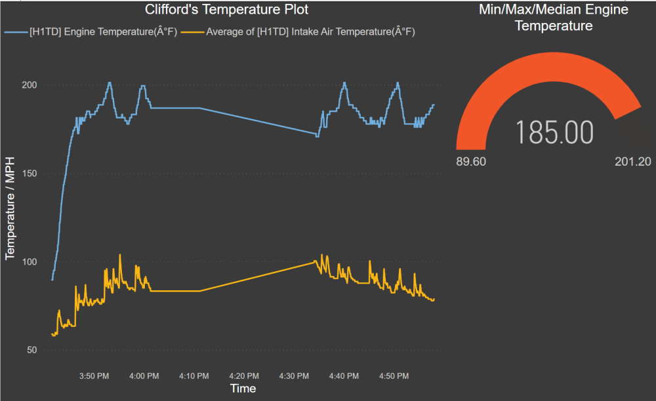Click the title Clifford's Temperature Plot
click(x=226, y=10)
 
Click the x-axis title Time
click(x=243, y=389)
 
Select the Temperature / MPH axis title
click(x=10, y=209)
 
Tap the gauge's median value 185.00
click(x=554, y=132)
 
